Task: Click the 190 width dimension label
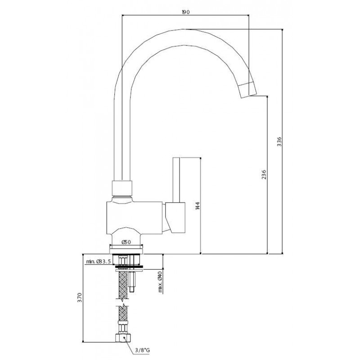click(x=185, y=12)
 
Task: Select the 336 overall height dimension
click(x=279, y=142)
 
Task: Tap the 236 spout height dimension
click(x=264, y=175)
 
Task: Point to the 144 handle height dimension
click(x=198, y=206)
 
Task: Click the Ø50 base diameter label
click(x=126, y=242)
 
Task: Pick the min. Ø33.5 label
click(x=99, y=261)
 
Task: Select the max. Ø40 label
click(x=160, y=282)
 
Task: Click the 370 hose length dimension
click(x=80, y=297)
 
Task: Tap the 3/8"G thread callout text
click(x=142, y=350)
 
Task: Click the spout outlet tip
click(x=248, y=95)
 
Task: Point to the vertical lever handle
click(x=176, y=180)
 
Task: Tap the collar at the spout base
click(x=122, y=188)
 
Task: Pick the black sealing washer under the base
click(x=129, y=266)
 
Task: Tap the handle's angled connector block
click(x=175, y=218)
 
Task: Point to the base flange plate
click(x=126, y=249)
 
